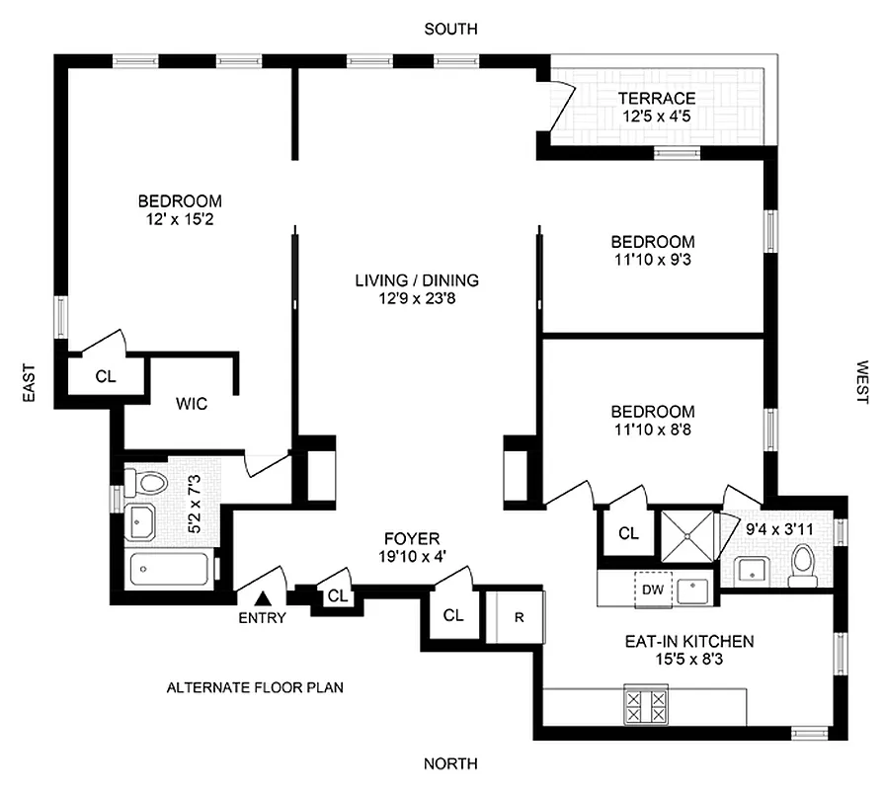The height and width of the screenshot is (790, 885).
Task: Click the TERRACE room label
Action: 657,98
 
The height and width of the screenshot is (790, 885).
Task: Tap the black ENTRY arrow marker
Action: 263,597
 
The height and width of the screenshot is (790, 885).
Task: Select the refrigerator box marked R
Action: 519,616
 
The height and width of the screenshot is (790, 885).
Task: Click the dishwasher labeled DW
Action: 653,590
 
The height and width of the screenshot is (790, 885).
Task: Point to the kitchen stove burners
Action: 646,705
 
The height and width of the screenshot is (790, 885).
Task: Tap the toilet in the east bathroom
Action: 151,484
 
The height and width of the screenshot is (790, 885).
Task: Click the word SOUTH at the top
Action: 450,30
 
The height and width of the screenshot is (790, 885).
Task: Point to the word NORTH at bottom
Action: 450,763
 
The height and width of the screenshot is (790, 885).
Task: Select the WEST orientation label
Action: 862,381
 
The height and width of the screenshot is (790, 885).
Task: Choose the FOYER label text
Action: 411,539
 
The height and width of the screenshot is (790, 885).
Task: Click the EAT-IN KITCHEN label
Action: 689,642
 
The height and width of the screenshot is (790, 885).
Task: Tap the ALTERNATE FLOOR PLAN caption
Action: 255,687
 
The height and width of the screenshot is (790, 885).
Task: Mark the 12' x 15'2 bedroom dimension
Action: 179,219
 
